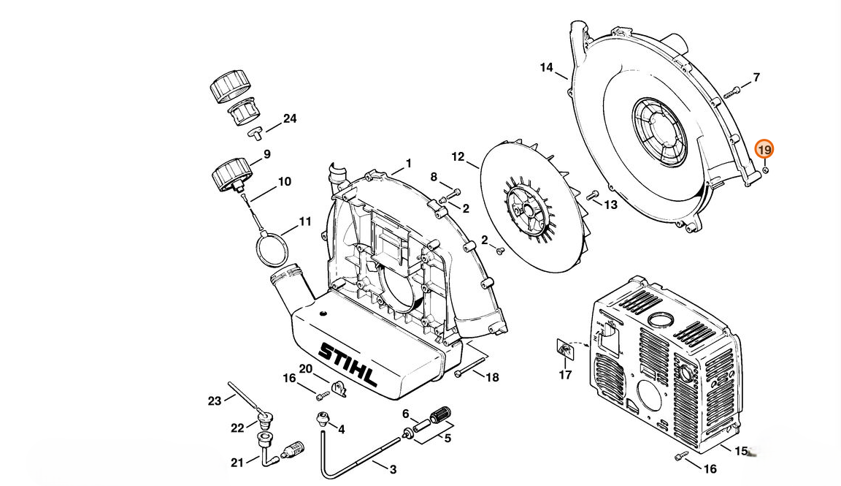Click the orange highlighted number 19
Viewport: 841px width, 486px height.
(x=764, y=149)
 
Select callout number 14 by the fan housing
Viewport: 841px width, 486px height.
(x=546, y=68)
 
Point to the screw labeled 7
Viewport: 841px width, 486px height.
(x=731, y=92)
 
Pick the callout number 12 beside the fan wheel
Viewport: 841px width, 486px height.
(x=458, y=157)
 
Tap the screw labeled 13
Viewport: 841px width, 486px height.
(x=593, y=194)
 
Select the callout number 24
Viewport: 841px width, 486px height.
(x=290, y=118)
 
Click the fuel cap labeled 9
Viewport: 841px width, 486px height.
(x=231, y=175)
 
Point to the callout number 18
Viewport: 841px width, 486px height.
(x=492, y=378)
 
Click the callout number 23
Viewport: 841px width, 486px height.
(x=215, y=400)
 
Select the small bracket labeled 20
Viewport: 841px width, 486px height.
(x=339, y=388)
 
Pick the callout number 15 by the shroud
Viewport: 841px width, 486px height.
(x=741, y=451)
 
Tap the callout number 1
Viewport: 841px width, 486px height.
(x=408, y=163)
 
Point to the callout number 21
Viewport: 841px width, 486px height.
(x=237, y=462)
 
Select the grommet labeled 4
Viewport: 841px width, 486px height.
(x=322, y=418)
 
